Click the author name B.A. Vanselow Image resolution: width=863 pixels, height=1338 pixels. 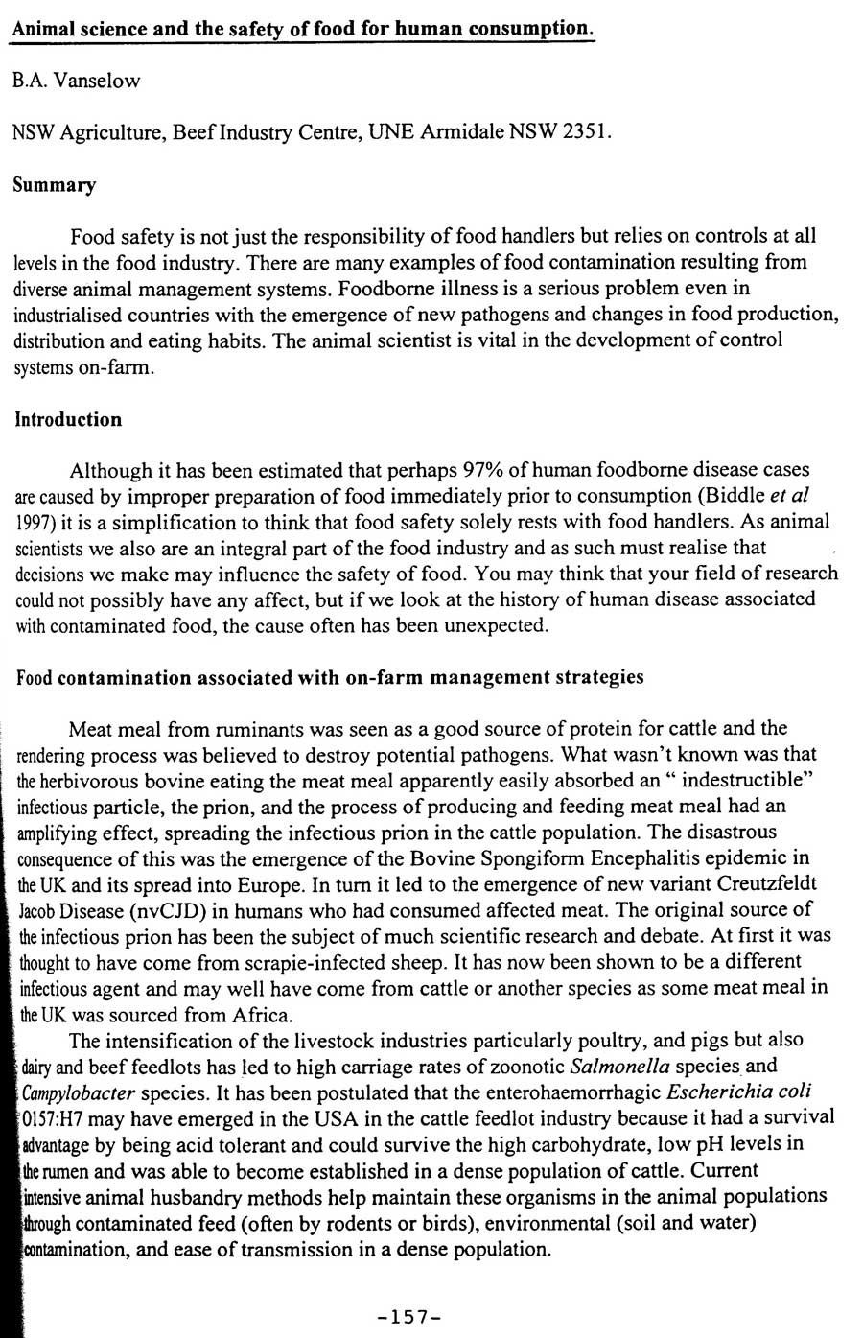tap(77, 81)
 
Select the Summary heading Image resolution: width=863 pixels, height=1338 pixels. tap(55, 185)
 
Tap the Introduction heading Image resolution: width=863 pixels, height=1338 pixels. tap(68, 419)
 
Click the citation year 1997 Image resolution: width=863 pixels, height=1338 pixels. tap(35, 522)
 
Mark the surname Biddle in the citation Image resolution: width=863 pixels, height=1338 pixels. tap(736, 496)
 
